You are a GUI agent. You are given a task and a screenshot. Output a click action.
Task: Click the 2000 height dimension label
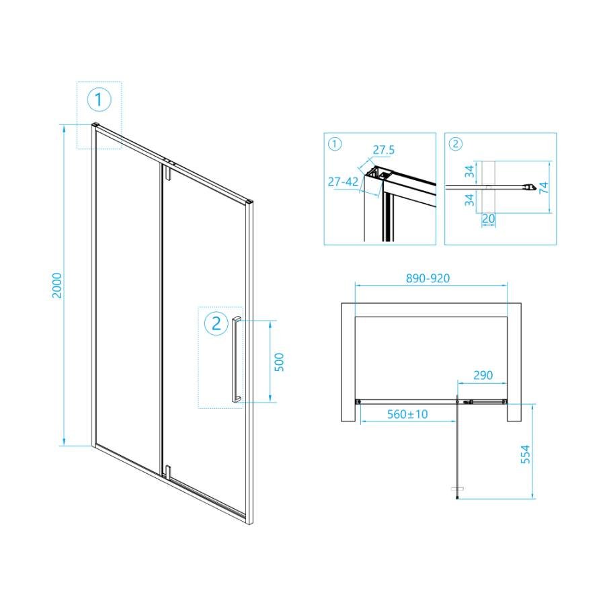click(57, 285)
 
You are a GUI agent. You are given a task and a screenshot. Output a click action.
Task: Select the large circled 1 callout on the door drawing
click(99, 100)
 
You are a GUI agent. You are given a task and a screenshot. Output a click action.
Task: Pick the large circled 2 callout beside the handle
click(216, 323)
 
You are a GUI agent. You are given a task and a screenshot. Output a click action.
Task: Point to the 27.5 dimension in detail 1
click(384, 150)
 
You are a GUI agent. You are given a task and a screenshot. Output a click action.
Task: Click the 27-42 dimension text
click(343, 182)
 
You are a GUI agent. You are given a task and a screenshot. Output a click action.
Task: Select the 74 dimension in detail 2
click(543, 188)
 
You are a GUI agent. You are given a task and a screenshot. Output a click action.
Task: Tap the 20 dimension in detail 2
click(489, 218)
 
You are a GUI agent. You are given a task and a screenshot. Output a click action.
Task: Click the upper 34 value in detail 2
click(469, 171)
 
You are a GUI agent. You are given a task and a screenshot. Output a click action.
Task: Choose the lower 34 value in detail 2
click(469, 200)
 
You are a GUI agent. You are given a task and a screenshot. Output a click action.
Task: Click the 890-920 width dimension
click(428, 278)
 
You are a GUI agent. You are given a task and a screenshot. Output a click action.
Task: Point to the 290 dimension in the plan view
click(483, 375)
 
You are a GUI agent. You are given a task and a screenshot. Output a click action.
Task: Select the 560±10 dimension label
click(407, 414)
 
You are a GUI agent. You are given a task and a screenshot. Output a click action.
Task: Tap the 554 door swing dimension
click(526, 454)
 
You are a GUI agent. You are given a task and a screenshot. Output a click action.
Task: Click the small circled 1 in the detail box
click(335, 145)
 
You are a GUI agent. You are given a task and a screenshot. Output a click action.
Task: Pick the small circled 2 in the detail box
click(456, 145)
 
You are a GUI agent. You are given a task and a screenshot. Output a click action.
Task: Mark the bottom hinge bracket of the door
click(167, 472)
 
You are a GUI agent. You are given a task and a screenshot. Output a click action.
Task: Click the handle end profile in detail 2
click(530, 187)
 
